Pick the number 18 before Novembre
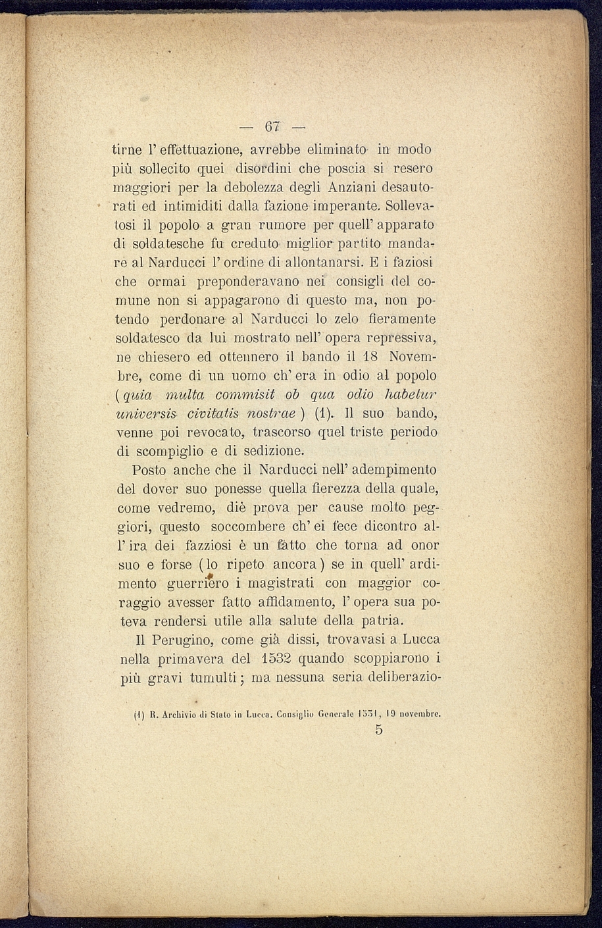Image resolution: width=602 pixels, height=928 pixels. pyautogui.click(x=370, y=357)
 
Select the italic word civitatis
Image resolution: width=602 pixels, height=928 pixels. pyautogui.click(x=218, y=415)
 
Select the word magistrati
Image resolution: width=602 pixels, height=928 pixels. pyautogui.click(x=280, y=583)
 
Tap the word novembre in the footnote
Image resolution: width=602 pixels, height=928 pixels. pyautogui.click(x=418, y=713)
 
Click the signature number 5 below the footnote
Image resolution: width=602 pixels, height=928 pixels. pyautogui.click(x=378, y=731)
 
